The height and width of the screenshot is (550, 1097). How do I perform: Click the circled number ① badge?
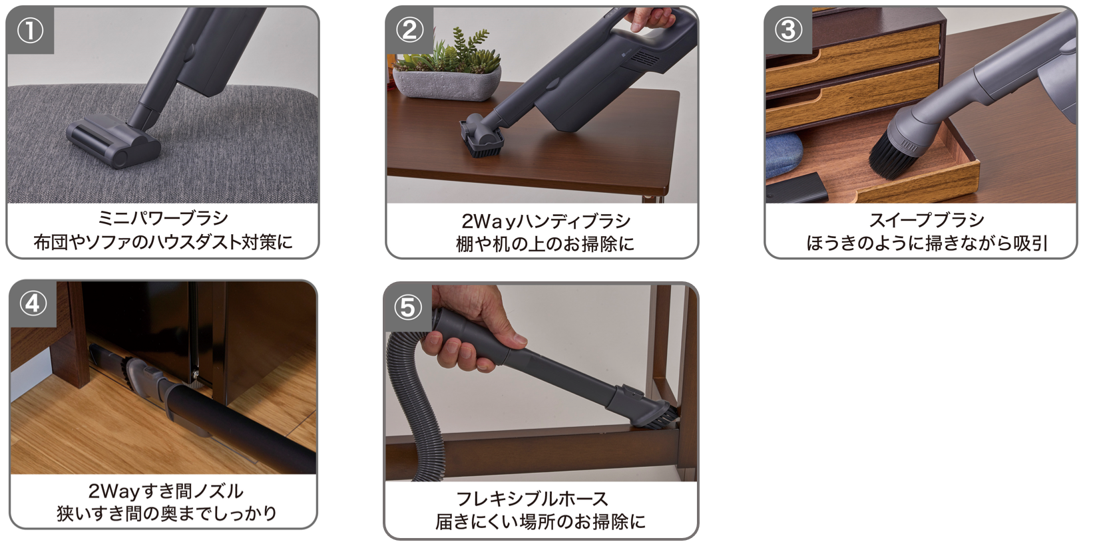click(30, 31)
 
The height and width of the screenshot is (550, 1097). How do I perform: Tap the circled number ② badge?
click(409, 30)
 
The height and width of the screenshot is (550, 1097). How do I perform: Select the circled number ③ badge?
click(788, 30)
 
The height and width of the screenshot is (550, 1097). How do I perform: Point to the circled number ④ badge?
click(33, 303)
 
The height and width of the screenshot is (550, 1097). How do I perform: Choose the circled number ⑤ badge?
click(408, 307)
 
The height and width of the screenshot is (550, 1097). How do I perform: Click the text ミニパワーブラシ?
click(162, 218)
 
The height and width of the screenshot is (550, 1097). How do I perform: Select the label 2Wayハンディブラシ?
click(545, 221)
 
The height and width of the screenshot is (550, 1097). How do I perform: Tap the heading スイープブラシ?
click(926, 220)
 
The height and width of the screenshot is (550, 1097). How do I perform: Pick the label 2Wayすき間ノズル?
click(166, 491)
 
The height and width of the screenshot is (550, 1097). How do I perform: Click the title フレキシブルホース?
click(532, 499)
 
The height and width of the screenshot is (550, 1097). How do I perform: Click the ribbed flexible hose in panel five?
click(409, 399)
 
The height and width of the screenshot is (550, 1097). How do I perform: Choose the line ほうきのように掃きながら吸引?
click(927, 243)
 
